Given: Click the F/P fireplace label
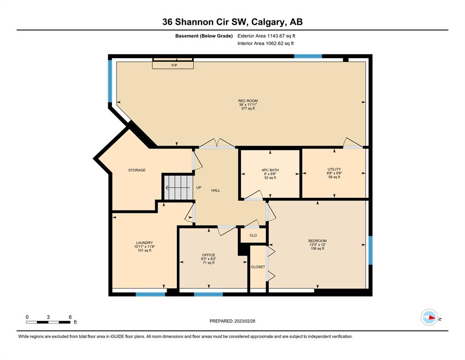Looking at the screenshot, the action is pyautogui.click(x=174, y=65).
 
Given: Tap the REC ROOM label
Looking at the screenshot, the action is pyautogui.click(x=248, y=101).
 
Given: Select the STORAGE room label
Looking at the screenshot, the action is pyautogui.click(x=137, y=170).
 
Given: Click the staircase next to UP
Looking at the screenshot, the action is pyautogui.click(x=178, y=187).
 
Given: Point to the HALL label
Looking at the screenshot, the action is pyautogui.click(x=215, y=190).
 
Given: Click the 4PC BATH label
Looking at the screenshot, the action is pyautogui.click(x=270, y=170).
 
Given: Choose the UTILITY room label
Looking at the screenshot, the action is pyautogui.click(x=334, y=169).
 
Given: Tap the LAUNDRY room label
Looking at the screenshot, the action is pyautogui.click(x=144, y=242).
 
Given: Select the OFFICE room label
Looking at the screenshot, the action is pyautogui.click(x=208, y=255).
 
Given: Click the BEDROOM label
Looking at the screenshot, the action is pyautogui.click(x=317, y=240).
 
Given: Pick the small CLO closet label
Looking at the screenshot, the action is pyautogui.click(x=253, y=235).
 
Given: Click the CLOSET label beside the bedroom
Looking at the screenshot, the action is pyautogui.click(x=258, y=267).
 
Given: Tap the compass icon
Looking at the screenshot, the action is pyautogui.click(x=429, y=317).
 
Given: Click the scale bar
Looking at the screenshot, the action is pyautogui.click(x=48, y=322).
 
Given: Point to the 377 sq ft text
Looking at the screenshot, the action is pyautogui.click(x=248, y=109).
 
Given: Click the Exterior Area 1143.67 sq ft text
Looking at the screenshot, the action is pyautogui.click(x=266, y=36).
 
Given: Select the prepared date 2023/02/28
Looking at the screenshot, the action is pyautogui.click(x=244, y=321).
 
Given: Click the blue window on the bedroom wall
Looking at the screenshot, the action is pyautogui.click(x=370, y=250).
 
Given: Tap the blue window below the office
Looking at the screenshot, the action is pyautogui.click(x=208, y=294).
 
